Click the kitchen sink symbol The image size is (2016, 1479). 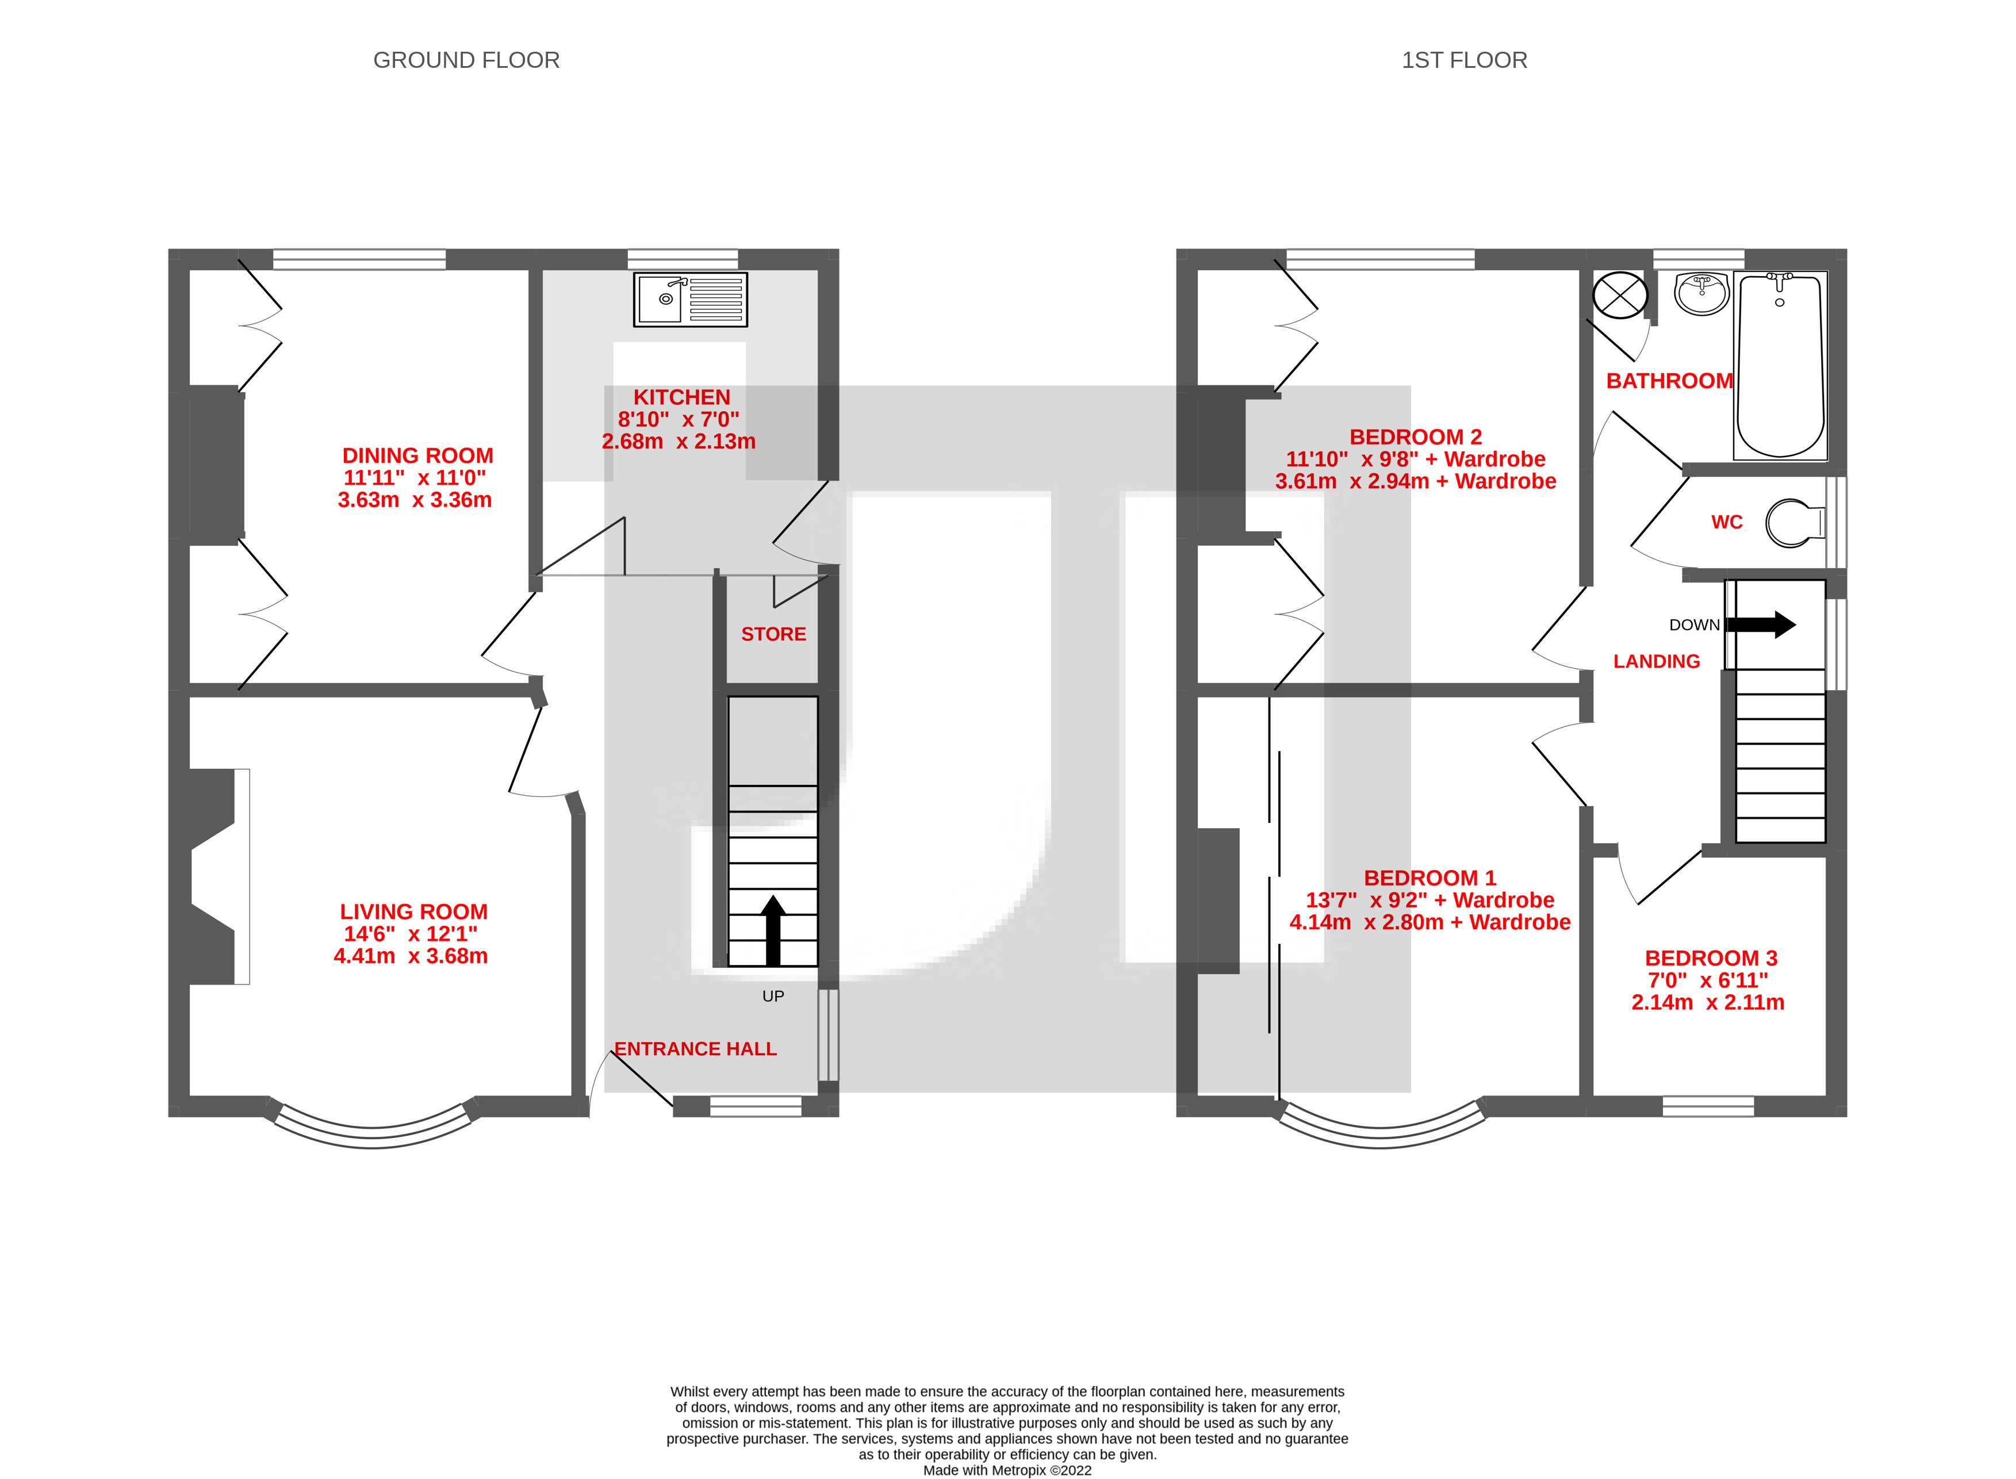pyautogui.click(x=690, y=299)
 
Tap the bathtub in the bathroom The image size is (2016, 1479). pyautogui.click(x=1780, y=367)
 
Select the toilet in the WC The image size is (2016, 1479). pyautogui.click(x=1793, y=523)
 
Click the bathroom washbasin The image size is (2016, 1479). pyautogui.click(x=1701, y=294)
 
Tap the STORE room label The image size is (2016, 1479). pyautogui.click(x=773, y=634)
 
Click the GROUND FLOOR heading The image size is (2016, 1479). pyautogui.click(x=466, y=60)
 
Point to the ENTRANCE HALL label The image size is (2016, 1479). pyautogui.click(x=696, y=1048)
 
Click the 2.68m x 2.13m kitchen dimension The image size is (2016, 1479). pyautogui.click(x=679, y=442)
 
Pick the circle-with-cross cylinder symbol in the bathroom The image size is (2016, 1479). pyautogui.click(x=1619, y=296)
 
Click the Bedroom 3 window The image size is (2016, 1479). pyautogui.click(x=1707, y=1106)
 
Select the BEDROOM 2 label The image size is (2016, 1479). pyautogui.click(x=1415, y=437)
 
